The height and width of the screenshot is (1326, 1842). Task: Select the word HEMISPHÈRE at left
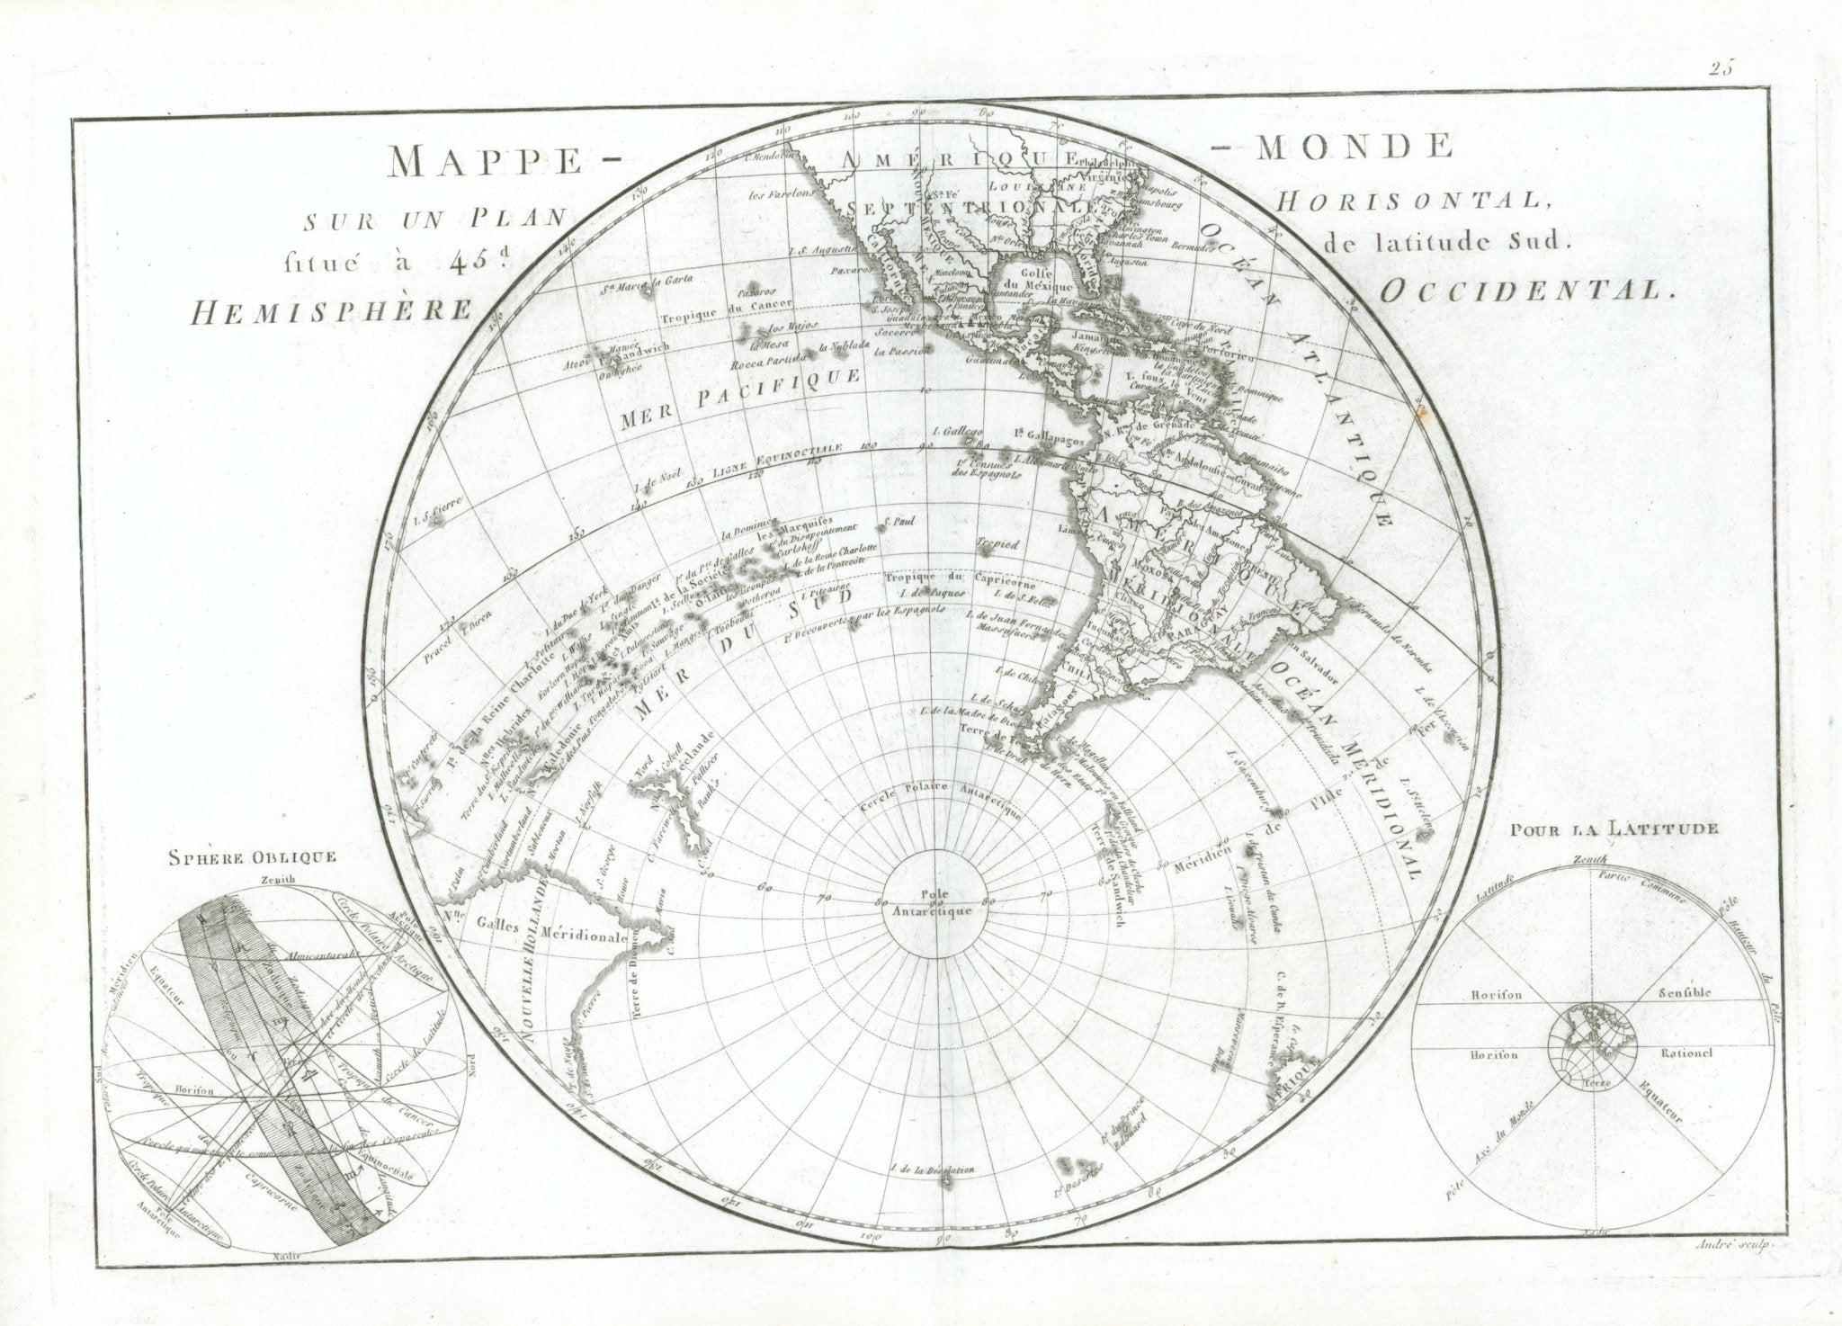(332, 311)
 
